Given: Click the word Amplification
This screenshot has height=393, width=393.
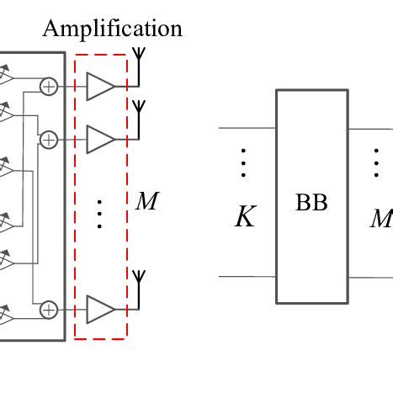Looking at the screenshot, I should pos(112,29).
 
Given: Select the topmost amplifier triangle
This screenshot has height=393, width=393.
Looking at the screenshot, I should pos(99,86).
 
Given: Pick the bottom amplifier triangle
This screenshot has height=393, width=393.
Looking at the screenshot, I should pos(99,310).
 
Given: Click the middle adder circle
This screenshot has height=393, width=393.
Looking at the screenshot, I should pos(49,139).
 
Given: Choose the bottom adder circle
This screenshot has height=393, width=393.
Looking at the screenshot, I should pos(49,310).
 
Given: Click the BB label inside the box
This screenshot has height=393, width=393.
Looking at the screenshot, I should pos(311,203).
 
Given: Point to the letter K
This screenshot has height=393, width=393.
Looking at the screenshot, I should pos(244,219).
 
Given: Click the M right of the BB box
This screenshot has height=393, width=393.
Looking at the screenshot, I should pos(382,219).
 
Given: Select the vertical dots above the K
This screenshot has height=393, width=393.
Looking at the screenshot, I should pos(243,163).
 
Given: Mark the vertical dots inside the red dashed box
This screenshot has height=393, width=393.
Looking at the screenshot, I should pos(99,214).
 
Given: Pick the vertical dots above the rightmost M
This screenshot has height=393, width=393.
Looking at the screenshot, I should pos(377,163).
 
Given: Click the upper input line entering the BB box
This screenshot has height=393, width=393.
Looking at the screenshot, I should pos(247,128).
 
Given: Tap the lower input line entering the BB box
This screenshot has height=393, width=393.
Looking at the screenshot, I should pos(247,276).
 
